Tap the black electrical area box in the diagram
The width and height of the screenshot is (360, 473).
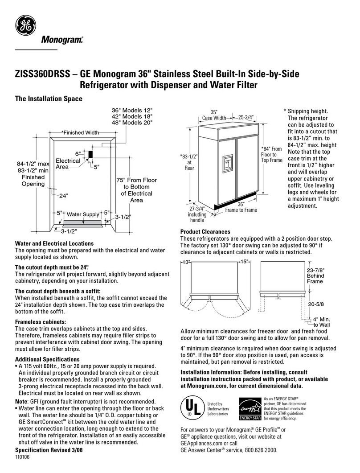coord(90,154)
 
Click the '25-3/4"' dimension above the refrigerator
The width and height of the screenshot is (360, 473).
coord(245,118)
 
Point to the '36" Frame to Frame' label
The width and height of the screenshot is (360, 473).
coord(241,207)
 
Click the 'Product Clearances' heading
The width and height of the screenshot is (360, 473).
coord(205,232)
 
